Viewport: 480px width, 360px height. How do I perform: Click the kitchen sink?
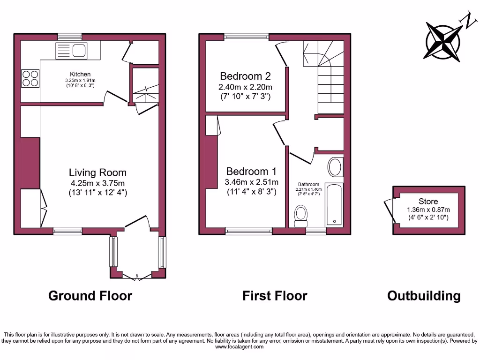point(71,50)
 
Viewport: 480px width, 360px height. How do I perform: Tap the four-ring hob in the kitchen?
point(30,78)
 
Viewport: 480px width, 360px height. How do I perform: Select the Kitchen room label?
point(80,74)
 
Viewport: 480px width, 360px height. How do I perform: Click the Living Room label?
point(97,172)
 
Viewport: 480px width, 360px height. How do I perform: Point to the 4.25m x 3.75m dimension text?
point(97,183)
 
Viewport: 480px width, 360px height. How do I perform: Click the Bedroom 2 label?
point(245,76)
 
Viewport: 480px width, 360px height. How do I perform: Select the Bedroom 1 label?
point(251,172)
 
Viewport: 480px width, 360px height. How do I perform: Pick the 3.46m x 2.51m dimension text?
point(251,182)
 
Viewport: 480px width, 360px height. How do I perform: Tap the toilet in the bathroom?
point(300,215)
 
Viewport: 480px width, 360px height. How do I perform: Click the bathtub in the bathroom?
point(334,204)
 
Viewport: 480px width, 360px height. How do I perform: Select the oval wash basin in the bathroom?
point(335,167)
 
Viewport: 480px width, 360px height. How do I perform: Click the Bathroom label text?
point(309,184)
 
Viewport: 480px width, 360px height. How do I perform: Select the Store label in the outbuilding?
point(428,202)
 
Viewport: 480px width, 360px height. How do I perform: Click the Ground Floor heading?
point(90,296)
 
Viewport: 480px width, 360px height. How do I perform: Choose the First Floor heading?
point(275,296)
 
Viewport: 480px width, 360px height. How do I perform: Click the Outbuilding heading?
point(424,296)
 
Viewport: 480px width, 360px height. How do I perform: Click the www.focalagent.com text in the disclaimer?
point(239,347)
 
